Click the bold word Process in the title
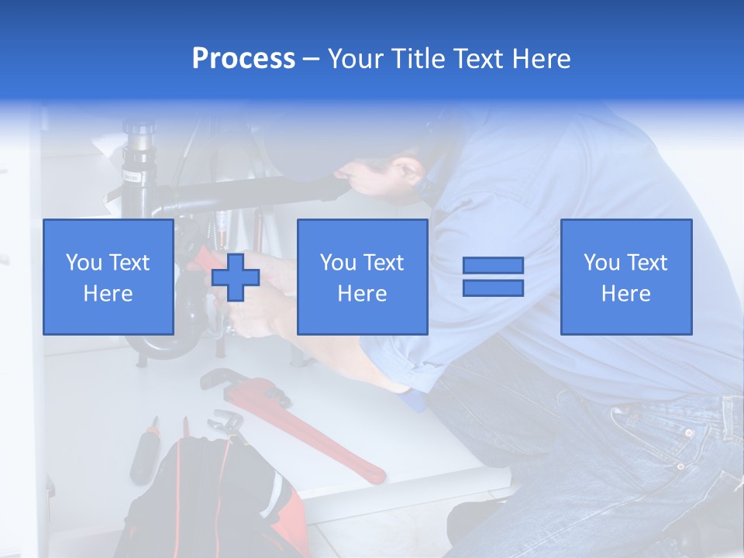(243, 58)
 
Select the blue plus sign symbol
(236, 277)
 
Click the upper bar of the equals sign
(493, 265)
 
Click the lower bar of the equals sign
(493, 288)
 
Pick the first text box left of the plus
(108, 277)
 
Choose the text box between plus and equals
(362, 277)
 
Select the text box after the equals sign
(625, 277)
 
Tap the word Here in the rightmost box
(625, 293)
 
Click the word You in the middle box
(338, 263)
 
